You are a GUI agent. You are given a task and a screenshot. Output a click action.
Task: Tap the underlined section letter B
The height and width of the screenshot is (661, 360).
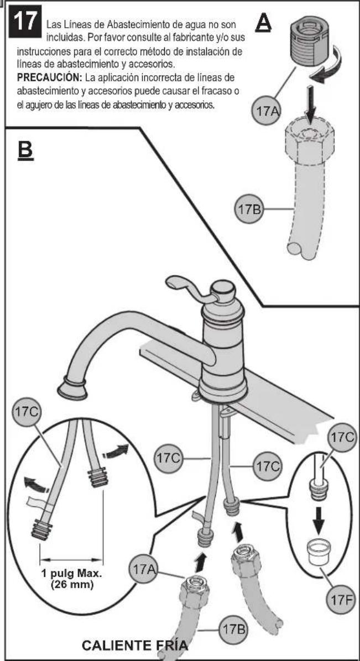click(25, 150)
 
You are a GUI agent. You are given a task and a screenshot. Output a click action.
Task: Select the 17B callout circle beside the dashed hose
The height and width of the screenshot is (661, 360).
click(249, 208)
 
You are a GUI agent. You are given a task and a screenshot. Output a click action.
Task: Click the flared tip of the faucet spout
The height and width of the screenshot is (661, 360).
click(72, 387)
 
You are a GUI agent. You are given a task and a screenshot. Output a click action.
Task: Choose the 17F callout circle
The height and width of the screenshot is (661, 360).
click(340, 600)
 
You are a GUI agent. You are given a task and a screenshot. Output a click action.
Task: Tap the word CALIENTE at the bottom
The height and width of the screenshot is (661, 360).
click(116, 645)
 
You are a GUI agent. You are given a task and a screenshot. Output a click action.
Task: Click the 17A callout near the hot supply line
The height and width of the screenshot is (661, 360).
click(143, 569)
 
